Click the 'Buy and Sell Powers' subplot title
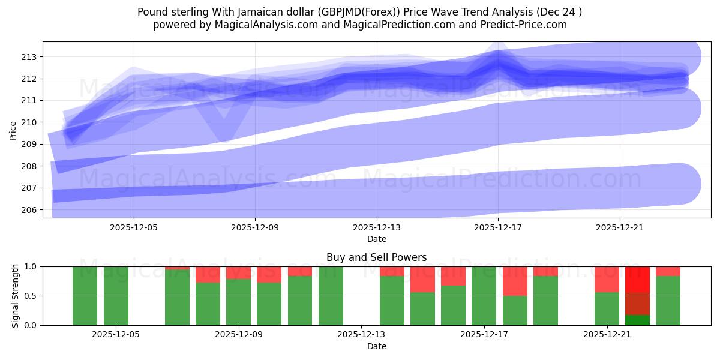(x=376, y=257)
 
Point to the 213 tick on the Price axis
(x=28, y=57)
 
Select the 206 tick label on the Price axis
(x=28, y=210)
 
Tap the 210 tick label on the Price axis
(x=28, y=122)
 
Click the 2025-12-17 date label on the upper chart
(x=498, y=228)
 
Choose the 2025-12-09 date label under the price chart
(x=255, y=228)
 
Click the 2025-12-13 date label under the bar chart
(x=362, y=335)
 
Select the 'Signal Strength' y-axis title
(x=16, y=296)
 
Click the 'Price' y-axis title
(x=13, y=130)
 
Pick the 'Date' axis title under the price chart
(x=376, y=239)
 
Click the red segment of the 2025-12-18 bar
(x=515, y=281)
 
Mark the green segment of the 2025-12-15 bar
(x=453, y=305)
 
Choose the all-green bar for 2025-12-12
(x=331, y=296)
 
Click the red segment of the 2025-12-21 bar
(x=607, y=279)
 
